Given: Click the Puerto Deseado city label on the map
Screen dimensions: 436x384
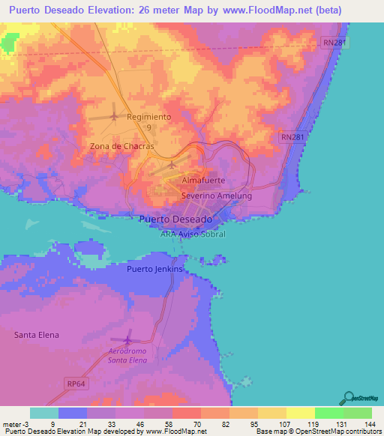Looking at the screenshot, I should coord(176,219).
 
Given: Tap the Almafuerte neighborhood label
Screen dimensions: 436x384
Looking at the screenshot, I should coord(204,181).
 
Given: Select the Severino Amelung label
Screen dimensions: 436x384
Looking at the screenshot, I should coord(217,196).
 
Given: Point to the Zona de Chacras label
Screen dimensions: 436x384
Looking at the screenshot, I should coord(121,146).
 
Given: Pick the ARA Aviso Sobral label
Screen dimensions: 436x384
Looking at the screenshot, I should coord(193,234).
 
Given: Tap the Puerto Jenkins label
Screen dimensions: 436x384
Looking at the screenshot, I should coord(154,269).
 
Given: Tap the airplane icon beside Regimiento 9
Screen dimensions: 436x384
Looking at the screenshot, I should coord(114,116).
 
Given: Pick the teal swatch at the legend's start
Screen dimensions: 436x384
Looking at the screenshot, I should coord(44,413).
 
